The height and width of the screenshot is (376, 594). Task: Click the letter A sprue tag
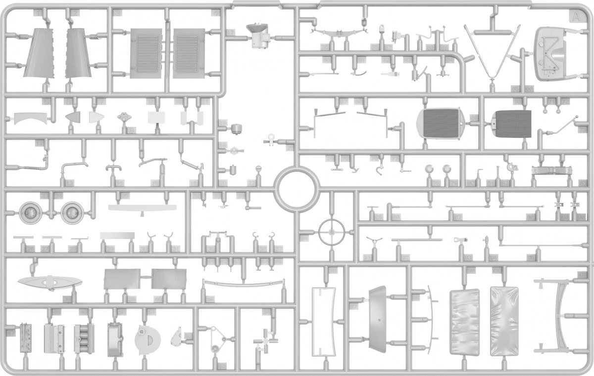tap(575, 17)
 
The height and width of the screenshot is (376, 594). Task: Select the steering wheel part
tap(330, 231)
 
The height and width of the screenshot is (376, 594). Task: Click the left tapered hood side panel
tap(39, 53)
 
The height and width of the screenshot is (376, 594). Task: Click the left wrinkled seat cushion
tap(464, 322)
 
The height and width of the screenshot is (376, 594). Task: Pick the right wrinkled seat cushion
tap(504, 321)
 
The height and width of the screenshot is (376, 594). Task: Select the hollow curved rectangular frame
tap(323, 321)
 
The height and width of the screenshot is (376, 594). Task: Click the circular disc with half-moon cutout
tap(148, 339)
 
